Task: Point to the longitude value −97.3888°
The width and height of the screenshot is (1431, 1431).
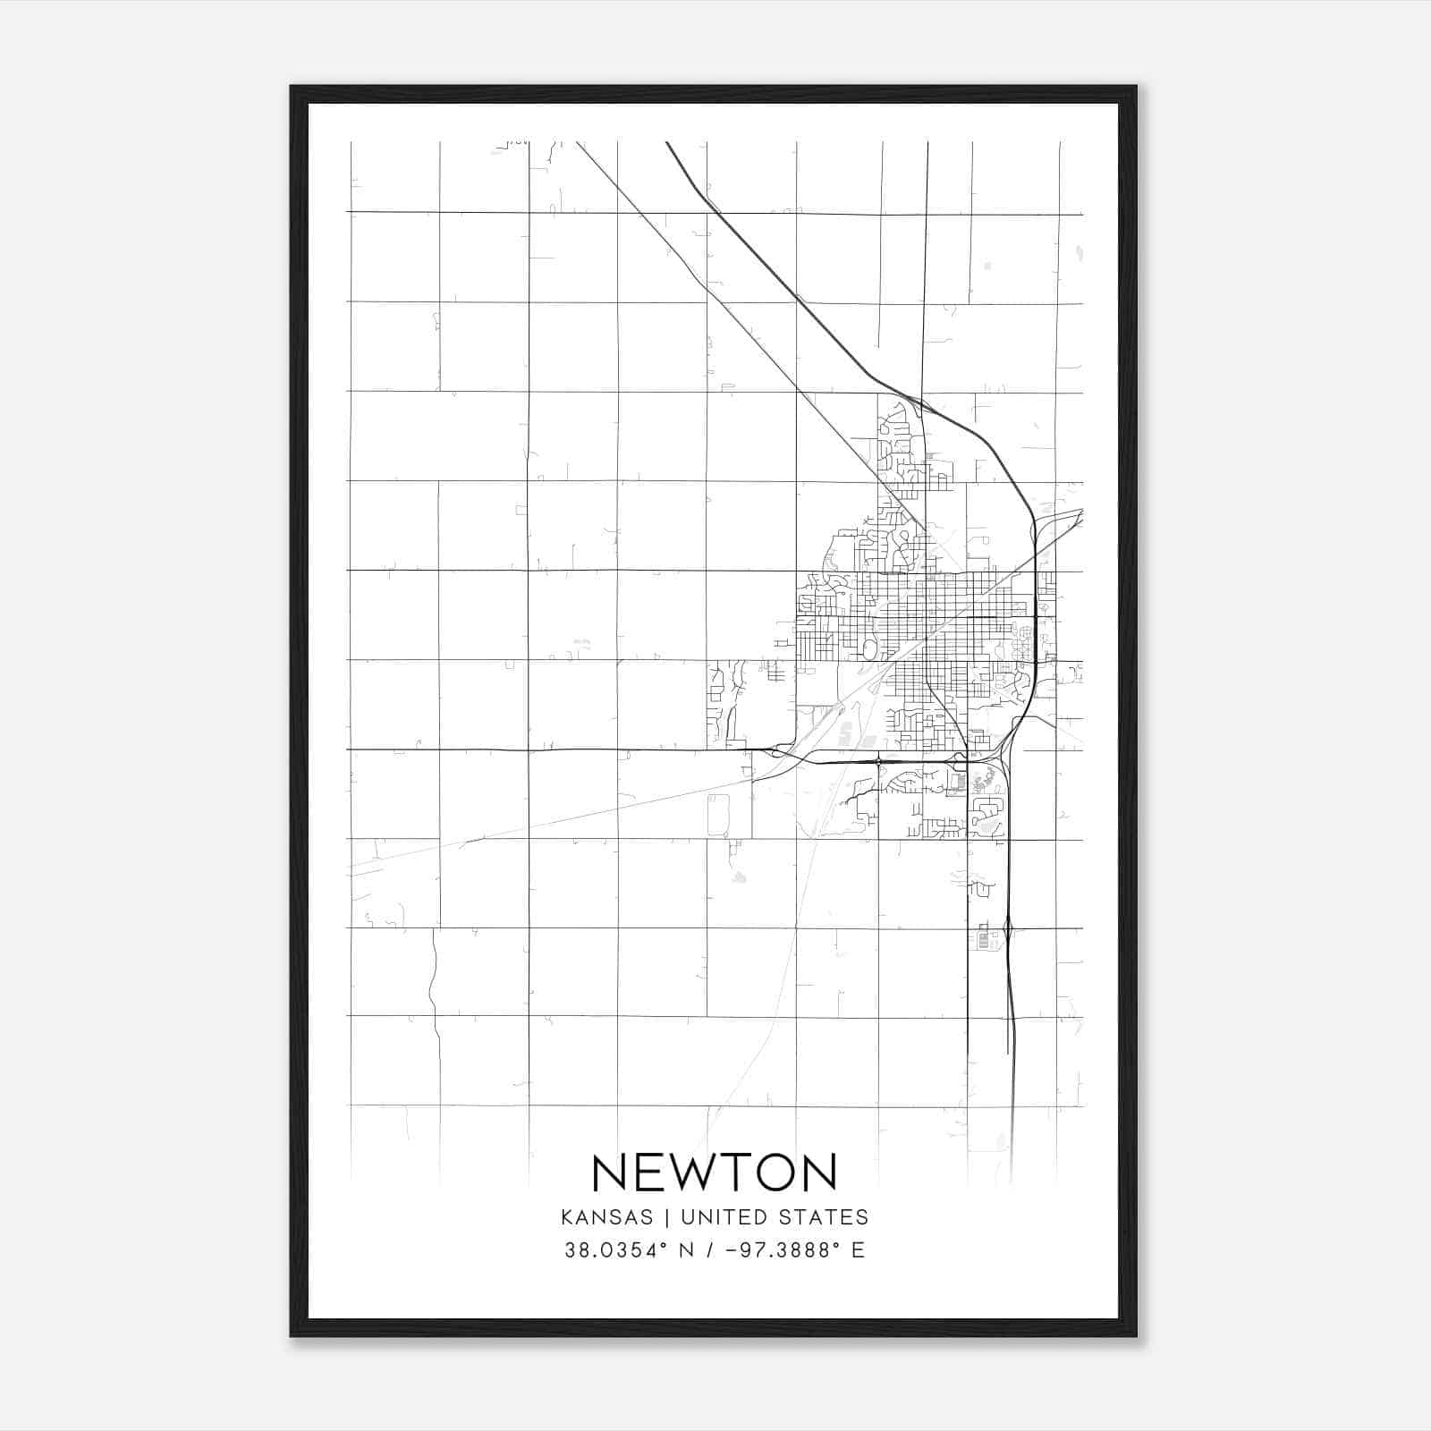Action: pos(787,1250)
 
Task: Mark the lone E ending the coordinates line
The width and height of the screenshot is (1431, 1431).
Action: pos(859,1250)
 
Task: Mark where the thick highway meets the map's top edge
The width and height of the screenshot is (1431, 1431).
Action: pos(667,143)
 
